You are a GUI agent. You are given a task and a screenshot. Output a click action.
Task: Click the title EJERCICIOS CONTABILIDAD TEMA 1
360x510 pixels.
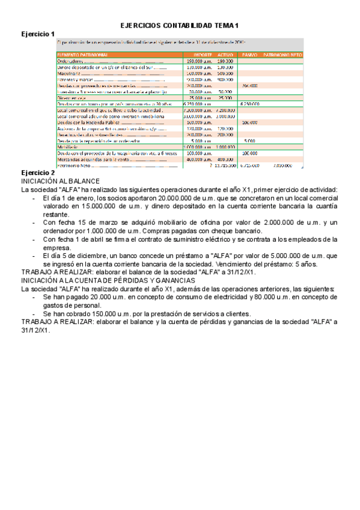180,26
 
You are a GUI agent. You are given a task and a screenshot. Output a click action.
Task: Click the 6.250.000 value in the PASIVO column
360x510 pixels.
249,104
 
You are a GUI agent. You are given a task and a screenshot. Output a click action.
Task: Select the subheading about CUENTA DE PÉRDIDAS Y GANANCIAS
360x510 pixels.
108,280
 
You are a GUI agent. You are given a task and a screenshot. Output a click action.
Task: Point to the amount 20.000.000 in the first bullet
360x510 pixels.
177,197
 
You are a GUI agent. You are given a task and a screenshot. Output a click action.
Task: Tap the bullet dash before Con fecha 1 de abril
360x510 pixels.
34,239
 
